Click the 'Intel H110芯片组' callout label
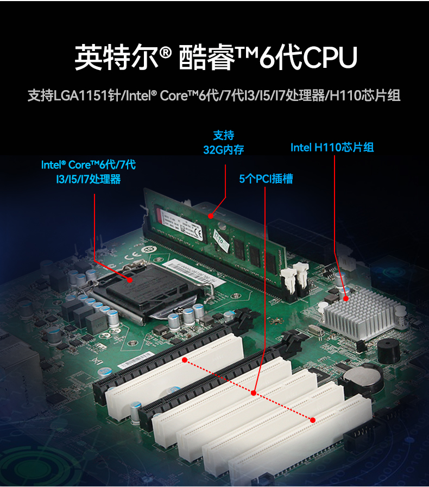332,147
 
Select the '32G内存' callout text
223,149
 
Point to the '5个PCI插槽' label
266,178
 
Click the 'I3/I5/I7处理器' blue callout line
88,179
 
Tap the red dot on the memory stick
211,216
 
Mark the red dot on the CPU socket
130,280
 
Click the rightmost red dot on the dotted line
313,419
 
